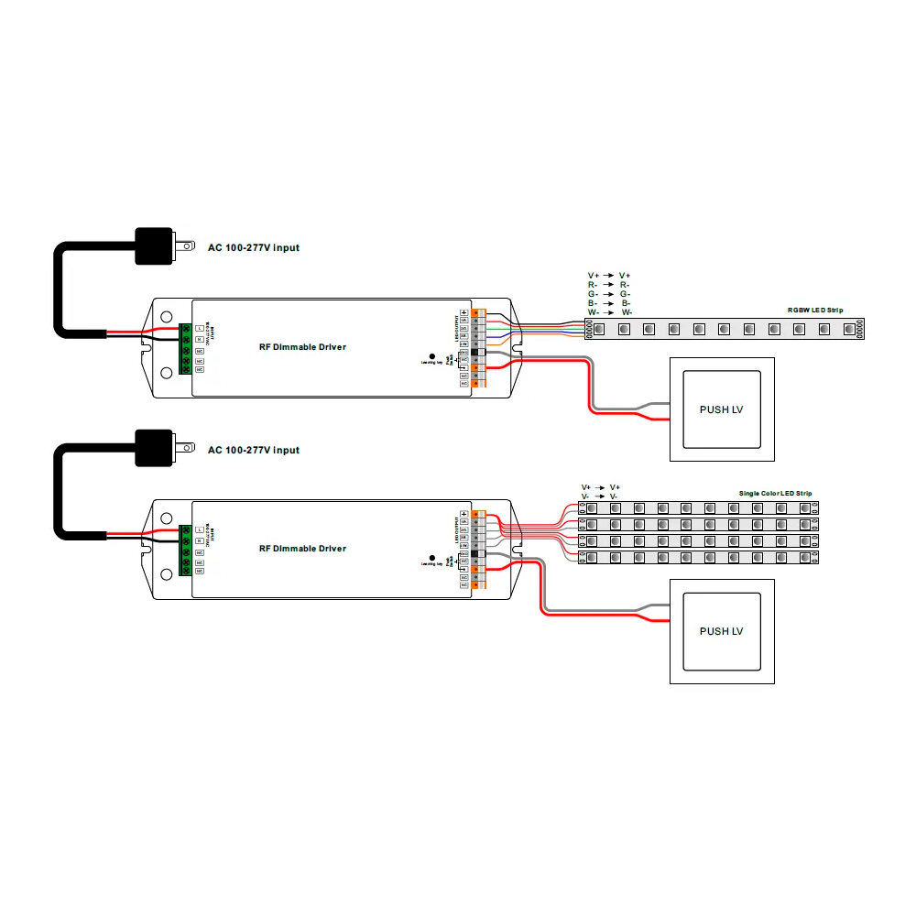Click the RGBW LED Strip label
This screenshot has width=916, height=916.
tap(813, 311)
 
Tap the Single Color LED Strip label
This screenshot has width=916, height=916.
tap(775, 494)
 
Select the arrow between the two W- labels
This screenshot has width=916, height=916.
tap(606, 312)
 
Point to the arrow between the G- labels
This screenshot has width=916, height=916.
tap(606, 294)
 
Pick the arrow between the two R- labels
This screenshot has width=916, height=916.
tap(606, 285)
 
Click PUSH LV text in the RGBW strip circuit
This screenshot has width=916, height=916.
tap(721, 409)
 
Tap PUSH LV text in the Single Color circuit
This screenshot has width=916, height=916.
tap(721, 631)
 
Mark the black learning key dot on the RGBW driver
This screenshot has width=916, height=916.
tap(432, 355)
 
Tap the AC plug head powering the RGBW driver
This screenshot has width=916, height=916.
tap(154, 245)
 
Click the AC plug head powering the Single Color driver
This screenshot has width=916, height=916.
tap(154, 448)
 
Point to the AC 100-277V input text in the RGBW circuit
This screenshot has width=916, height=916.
tap(253, 247)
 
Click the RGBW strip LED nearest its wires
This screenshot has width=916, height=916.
tap(599, 327)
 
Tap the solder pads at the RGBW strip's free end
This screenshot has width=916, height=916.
tap(862, 327)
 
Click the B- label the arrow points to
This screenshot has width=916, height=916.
tap(625, 303)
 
